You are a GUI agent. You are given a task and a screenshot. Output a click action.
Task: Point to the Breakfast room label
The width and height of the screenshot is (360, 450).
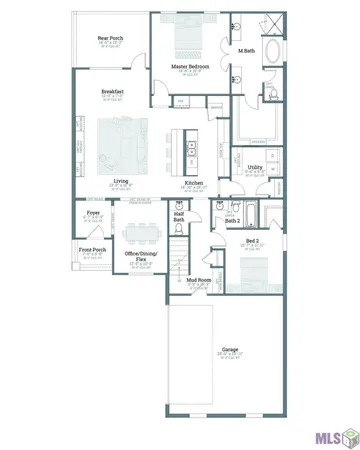[111, 91]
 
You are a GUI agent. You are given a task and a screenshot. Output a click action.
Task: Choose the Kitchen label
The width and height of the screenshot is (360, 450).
[193, 183]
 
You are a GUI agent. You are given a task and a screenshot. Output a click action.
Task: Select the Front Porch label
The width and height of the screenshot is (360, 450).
[92, 250]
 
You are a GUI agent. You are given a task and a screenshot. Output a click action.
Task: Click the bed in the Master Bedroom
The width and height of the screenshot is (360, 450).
[187, 38]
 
